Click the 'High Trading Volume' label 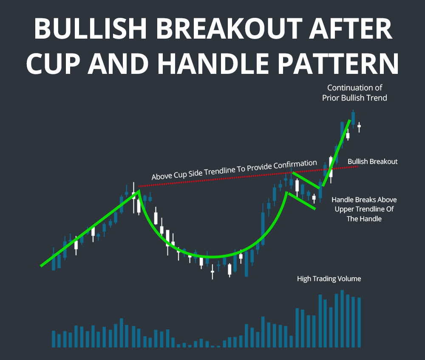pos(329,279)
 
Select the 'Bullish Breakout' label pos(372,162)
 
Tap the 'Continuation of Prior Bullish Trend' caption pos(355,93)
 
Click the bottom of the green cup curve pos(211,257)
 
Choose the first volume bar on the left pos(54,339)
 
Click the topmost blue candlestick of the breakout pos(353,118)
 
